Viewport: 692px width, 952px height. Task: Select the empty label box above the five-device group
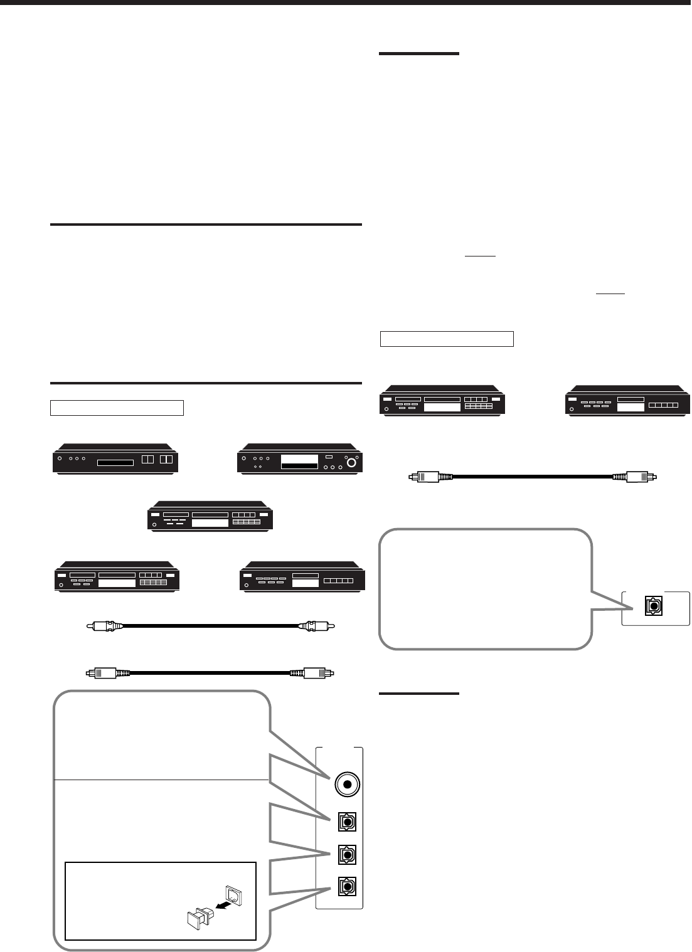(x=117, y=408)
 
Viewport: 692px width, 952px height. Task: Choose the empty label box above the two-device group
(x=447, y=339)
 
